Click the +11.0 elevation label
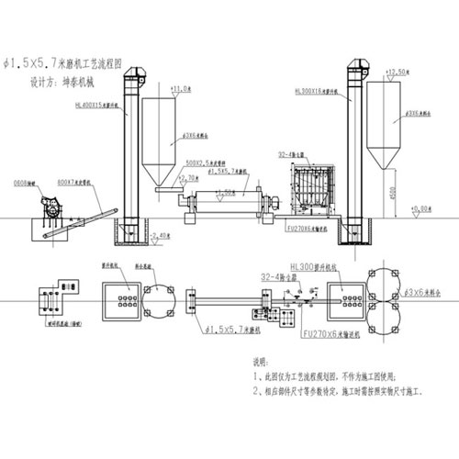point(181,89)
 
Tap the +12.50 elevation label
point(397,72)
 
